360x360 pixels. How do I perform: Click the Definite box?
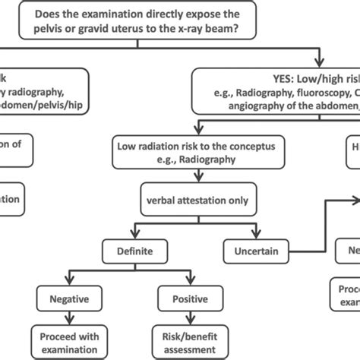(134, 250)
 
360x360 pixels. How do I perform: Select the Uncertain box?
(251, 250)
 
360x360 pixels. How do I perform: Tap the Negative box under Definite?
(71, 298)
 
